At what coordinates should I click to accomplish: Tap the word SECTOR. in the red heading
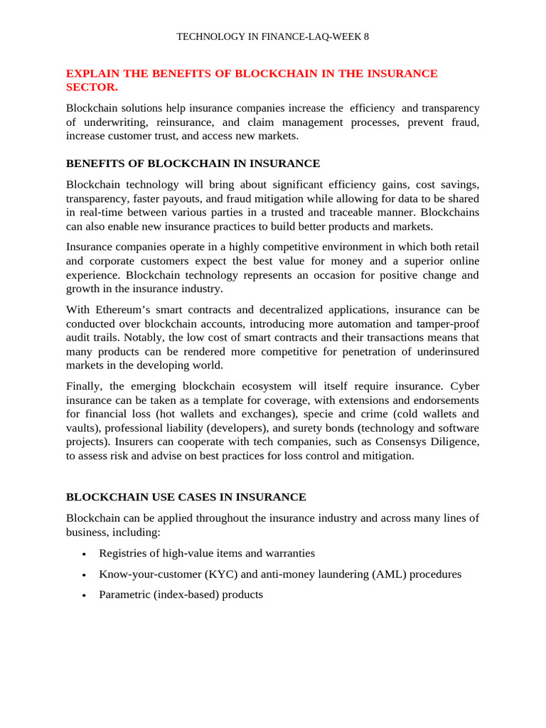coord(92,87)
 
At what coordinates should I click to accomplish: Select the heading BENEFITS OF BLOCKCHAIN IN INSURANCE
coord(193,164)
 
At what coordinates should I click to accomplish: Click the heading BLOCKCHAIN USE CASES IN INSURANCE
coord(186,498)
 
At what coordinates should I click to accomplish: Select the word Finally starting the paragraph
coord(85,387)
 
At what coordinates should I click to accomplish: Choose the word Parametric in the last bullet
coord(124,595)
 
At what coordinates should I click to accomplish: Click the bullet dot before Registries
coord(85,555)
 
